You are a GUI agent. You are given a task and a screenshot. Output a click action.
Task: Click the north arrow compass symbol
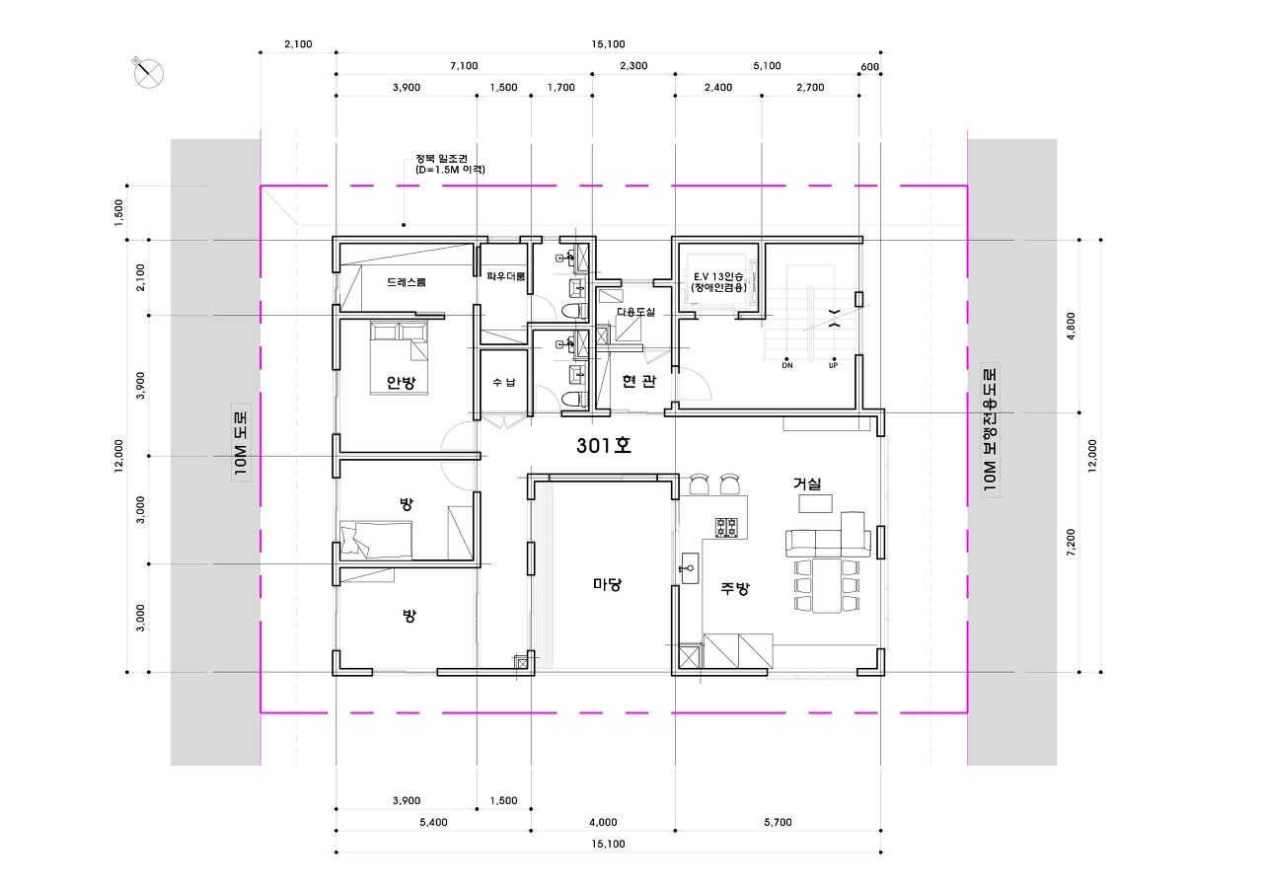[x=148, y=73]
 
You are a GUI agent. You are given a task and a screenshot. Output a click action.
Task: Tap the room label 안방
[x=401, y=383]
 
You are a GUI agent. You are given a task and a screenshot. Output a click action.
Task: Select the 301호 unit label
[x=603, y=445]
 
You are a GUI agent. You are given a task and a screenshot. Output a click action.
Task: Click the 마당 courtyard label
[x=607, y=584]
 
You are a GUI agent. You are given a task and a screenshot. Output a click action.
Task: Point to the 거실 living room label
[x=807, y=483]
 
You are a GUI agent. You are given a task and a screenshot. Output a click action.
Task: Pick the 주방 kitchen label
[x=735, y=589]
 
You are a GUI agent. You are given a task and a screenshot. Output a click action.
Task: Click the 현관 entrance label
[x=638, y=382]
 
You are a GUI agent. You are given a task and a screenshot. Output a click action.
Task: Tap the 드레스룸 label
[x=406, y=282]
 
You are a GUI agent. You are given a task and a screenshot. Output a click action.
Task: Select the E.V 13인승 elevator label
[x=718, y=277]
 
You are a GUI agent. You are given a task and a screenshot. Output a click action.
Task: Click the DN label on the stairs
[x=787, y=365]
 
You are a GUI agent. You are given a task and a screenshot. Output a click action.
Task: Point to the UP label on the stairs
[x=834, y=365]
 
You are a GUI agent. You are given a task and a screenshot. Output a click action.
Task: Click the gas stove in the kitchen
[x=726, y=528]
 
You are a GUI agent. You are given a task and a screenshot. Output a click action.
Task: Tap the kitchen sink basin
[x=689, y=567]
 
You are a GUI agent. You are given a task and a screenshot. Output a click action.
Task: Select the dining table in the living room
[x=827, y=585]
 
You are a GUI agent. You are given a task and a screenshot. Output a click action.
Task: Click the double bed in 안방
[x=399, y=358]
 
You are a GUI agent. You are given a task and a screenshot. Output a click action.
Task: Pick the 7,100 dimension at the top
[x=464, y=66]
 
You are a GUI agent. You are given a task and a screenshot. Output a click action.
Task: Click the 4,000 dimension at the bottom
[x=603, y=823]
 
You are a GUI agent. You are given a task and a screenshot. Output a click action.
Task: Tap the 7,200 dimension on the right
[x=1071, y=543]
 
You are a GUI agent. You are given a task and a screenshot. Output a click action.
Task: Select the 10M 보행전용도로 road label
[x=990, y=429]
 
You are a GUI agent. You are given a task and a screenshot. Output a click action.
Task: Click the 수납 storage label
[x=504, y=382]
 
